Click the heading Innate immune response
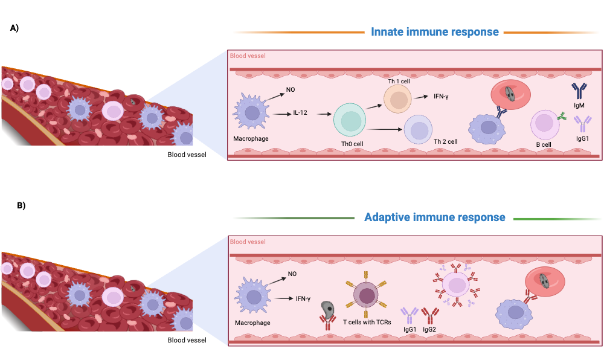[435, 31]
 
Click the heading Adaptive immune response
[435, 217]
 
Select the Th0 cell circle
[350, 120]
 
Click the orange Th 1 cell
[398, 98]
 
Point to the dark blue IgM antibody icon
[579, 91]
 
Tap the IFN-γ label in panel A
[443, 97]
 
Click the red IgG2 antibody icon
[429, 315]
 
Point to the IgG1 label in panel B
[410, 330]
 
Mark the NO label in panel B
[292, 274]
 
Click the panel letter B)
[21, 205]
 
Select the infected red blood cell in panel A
[510, 94]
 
